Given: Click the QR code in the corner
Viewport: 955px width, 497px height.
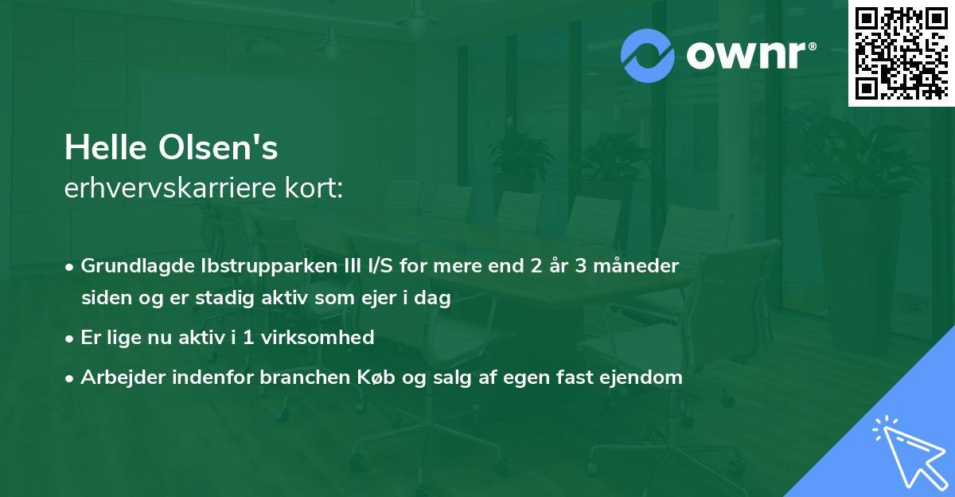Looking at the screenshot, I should [x=901, y=53].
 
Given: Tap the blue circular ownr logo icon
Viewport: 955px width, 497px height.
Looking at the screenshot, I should [x=648, y=56].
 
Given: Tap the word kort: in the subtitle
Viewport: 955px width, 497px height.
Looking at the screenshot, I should [x=317, y=188].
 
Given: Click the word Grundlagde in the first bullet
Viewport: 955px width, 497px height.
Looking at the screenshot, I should [x=129, y=266].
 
